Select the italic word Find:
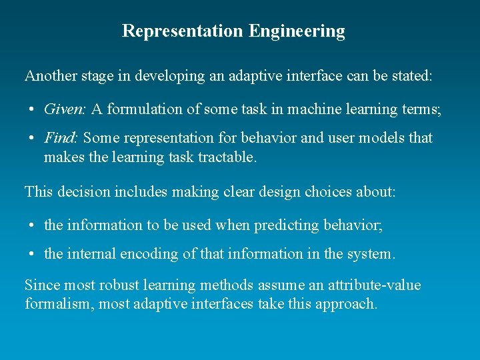click(61, 138)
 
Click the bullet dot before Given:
click(32, 109)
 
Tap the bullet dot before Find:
click(32, 139)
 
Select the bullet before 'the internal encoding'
click(32, 255)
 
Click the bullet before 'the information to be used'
click(32, 226)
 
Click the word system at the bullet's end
click(374, 254)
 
